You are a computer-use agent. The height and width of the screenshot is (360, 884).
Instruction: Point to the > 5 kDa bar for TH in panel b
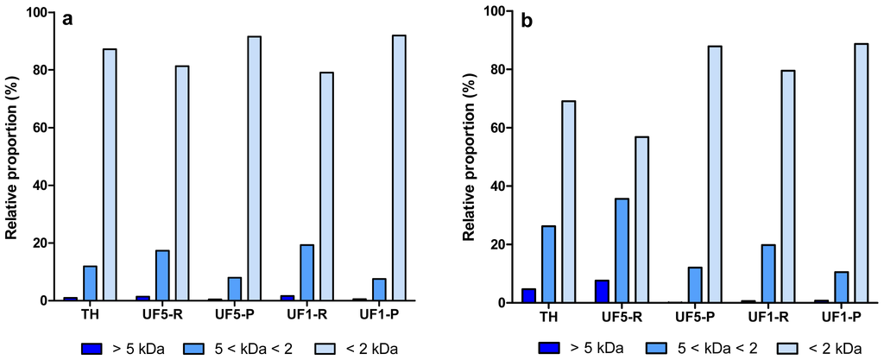[528, 295]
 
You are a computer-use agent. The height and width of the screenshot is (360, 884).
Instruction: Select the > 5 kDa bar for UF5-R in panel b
[601, 291]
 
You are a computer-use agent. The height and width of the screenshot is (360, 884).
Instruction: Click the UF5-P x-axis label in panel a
[235, 315]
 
